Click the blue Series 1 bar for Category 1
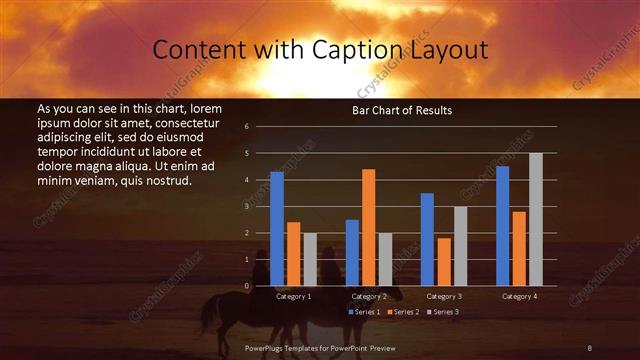click(277, 229)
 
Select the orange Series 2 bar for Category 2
click(368, 227)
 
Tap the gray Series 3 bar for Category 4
click(535, 219)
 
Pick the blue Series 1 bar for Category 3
click(427, 239)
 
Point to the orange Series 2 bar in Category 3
click(443, 262)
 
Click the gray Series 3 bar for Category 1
click(310, 259)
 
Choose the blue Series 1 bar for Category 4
click(502, 226)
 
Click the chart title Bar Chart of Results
click(401, 110)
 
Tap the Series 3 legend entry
click(442, 312)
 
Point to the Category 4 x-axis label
click(519, 296)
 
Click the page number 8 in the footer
click(589, 347)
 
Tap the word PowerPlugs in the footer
click(266, 347)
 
